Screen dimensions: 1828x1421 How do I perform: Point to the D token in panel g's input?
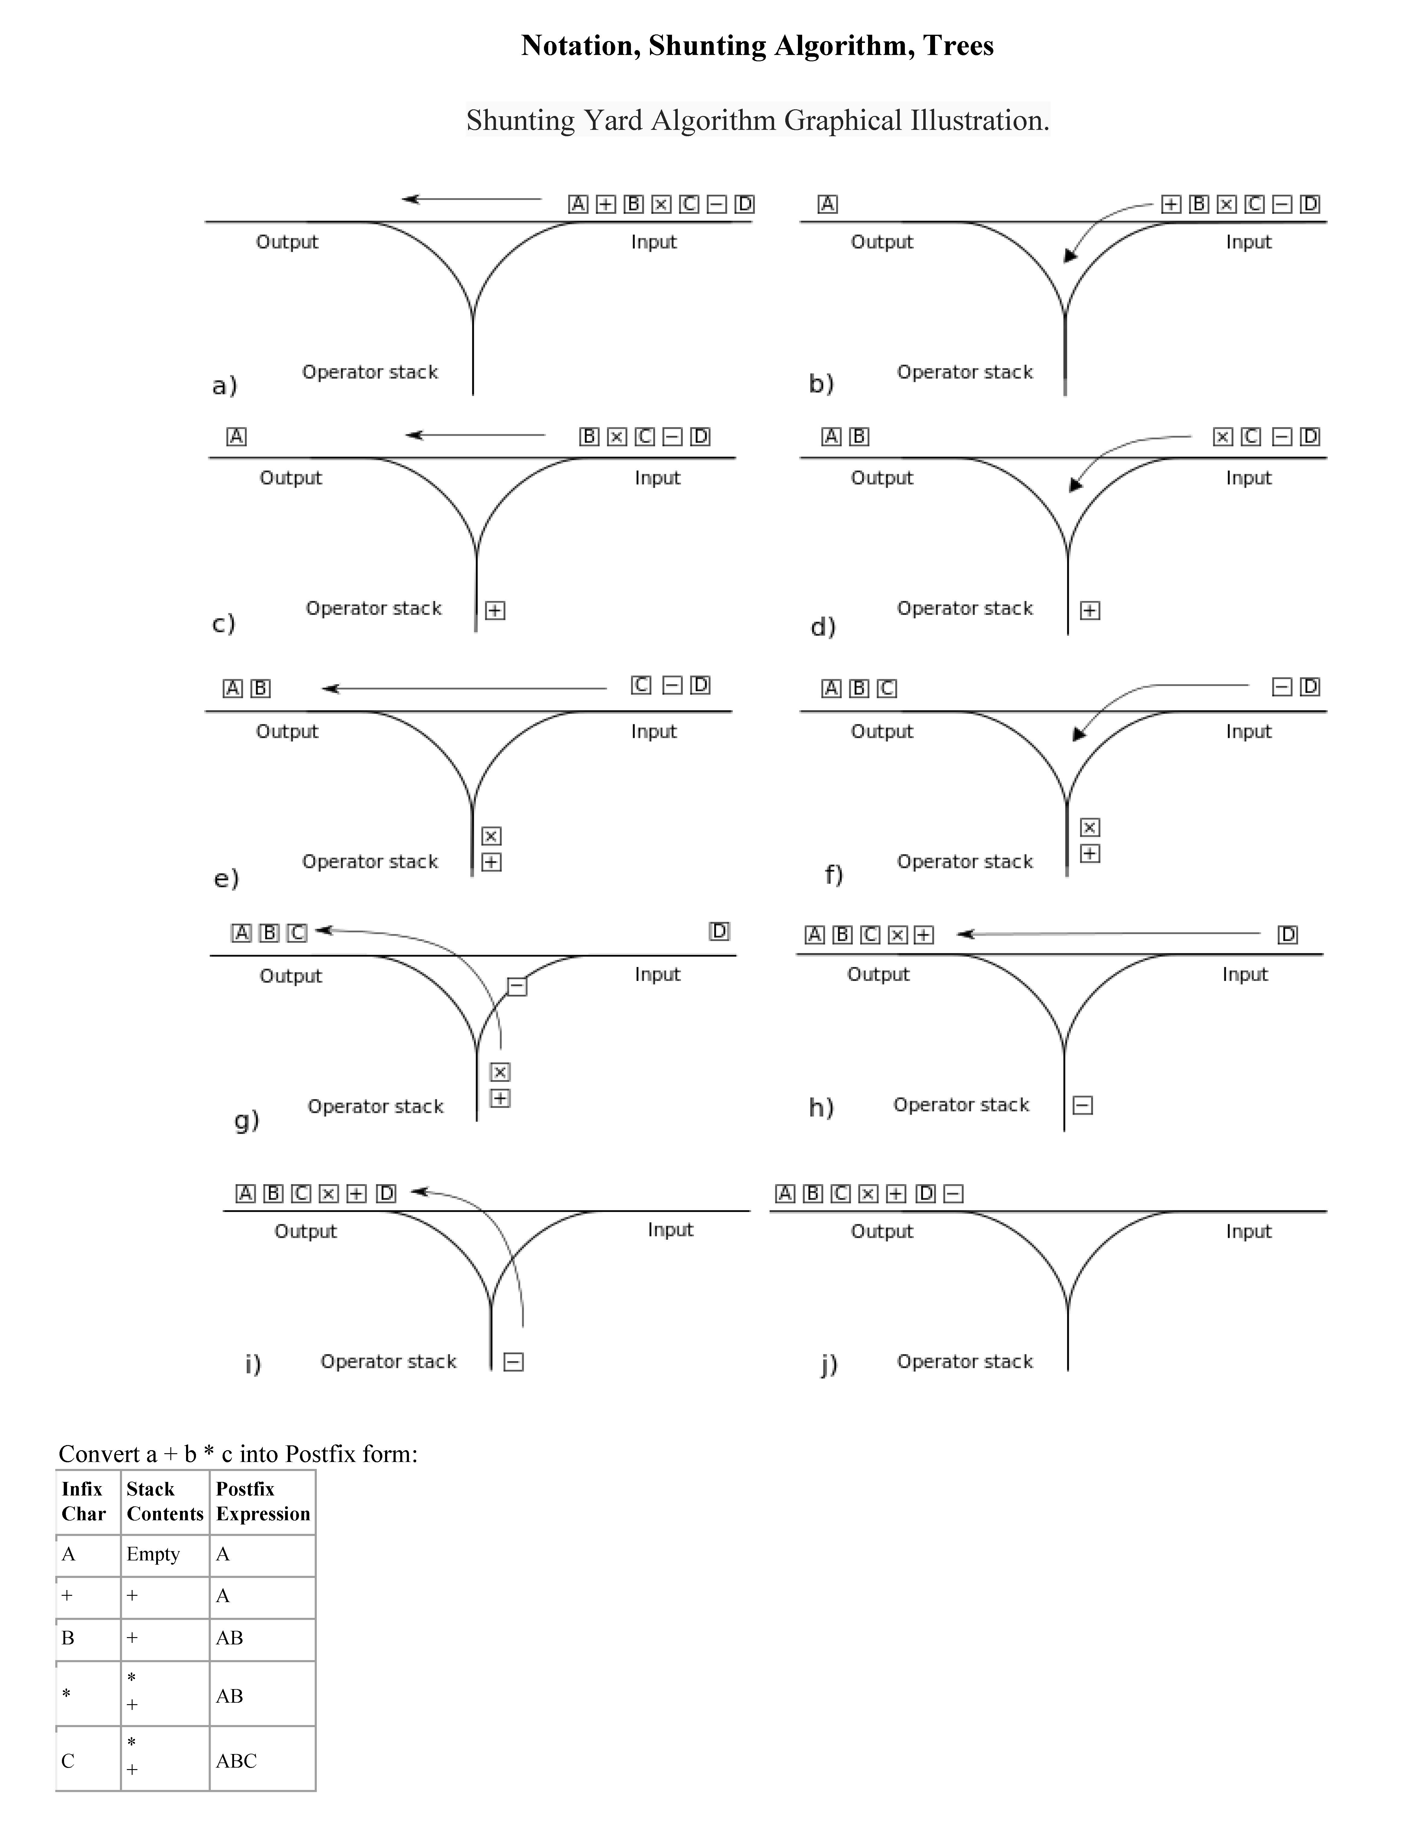[719, 932]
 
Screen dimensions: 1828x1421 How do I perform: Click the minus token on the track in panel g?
[517, 987]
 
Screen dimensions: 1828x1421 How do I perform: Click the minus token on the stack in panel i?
[514, 1362]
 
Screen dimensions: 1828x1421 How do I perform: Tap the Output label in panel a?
[287, 242]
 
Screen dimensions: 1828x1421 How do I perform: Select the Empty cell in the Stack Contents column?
[153, 1554]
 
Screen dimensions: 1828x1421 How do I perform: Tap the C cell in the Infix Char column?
[68, 1761]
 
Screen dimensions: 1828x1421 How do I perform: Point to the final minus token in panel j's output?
[953, 1194]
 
